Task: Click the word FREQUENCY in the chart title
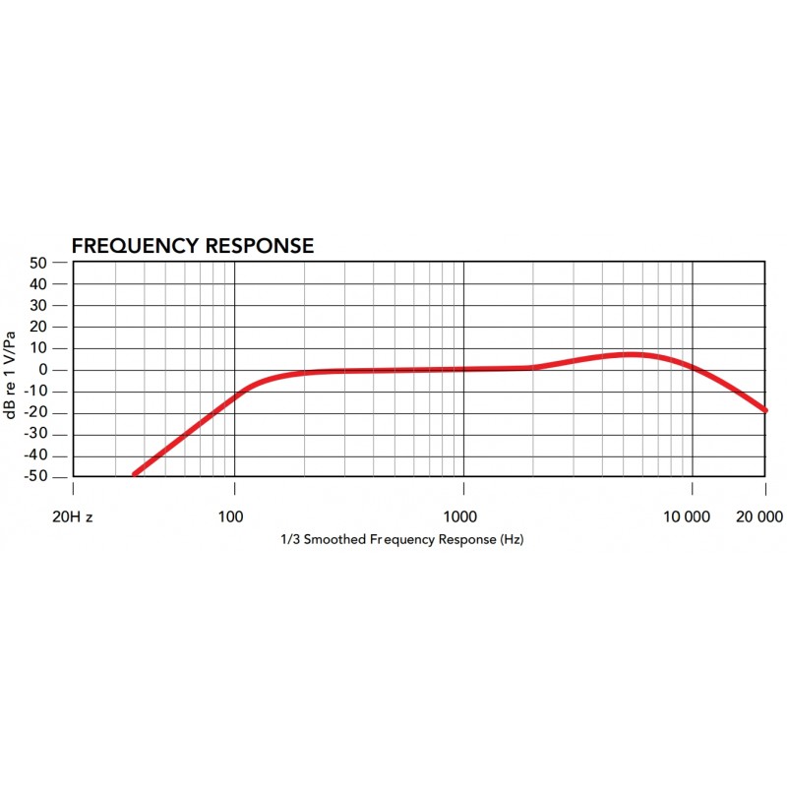click(x=135, y=246)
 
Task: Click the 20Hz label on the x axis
click(x=72, y=516)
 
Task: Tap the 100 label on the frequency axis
click(x=231, y=516)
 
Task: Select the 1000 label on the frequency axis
click(x=460, y=516)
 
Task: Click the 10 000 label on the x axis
click(x=686, y=516)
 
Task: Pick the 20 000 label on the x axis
click(x=758, y=516)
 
